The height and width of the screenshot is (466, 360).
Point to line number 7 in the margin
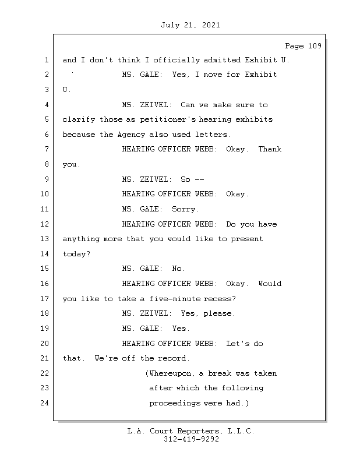pyautogui.click(x=47, y=149)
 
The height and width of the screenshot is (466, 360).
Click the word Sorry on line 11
pyautogui.click(x=185, y=209)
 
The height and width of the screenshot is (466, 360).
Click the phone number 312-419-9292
pyautogui.click(x=191, y=440)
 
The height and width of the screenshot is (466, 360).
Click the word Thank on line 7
pyautogui.click(x=270, y=149)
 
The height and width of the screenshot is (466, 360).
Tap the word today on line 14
pyautogui.click(x=75, y=254)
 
